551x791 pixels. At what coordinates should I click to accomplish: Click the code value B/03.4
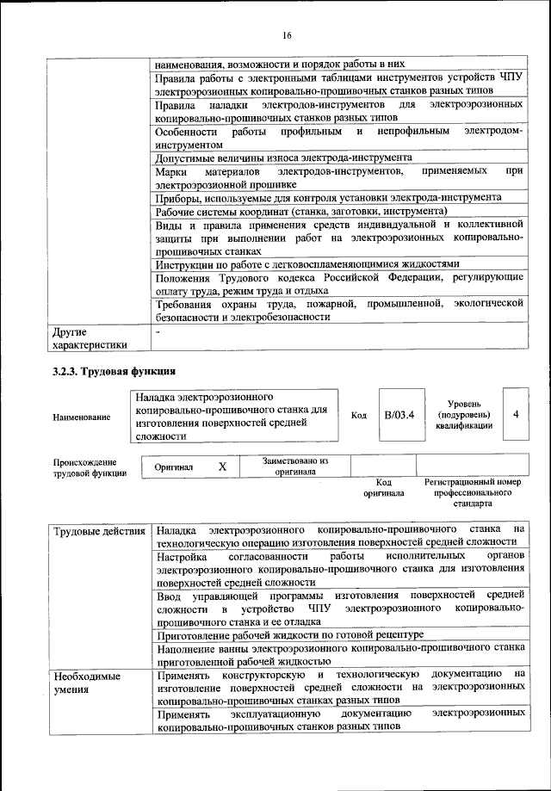tap(399, 415)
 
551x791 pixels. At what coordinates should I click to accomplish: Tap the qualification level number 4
tap(515, 414)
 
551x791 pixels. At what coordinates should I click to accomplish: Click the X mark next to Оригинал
tap(222, 466)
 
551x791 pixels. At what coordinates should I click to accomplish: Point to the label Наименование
tap(82, 417)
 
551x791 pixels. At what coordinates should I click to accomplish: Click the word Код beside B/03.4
tap(359, 415)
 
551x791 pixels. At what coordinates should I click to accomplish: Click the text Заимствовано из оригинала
tap(295, 466)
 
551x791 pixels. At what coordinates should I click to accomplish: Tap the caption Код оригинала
tap(383, 488)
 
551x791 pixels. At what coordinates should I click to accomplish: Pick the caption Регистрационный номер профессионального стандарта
tap(473, 493)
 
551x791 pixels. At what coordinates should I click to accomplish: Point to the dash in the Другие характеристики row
tap(158, 331)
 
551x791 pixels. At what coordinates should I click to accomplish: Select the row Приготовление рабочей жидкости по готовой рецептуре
tap(291, 633)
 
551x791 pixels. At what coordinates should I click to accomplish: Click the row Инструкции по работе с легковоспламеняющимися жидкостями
tap(307, 263)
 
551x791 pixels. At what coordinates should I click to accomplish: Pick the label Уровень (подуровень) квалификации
tap(463, 414)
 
